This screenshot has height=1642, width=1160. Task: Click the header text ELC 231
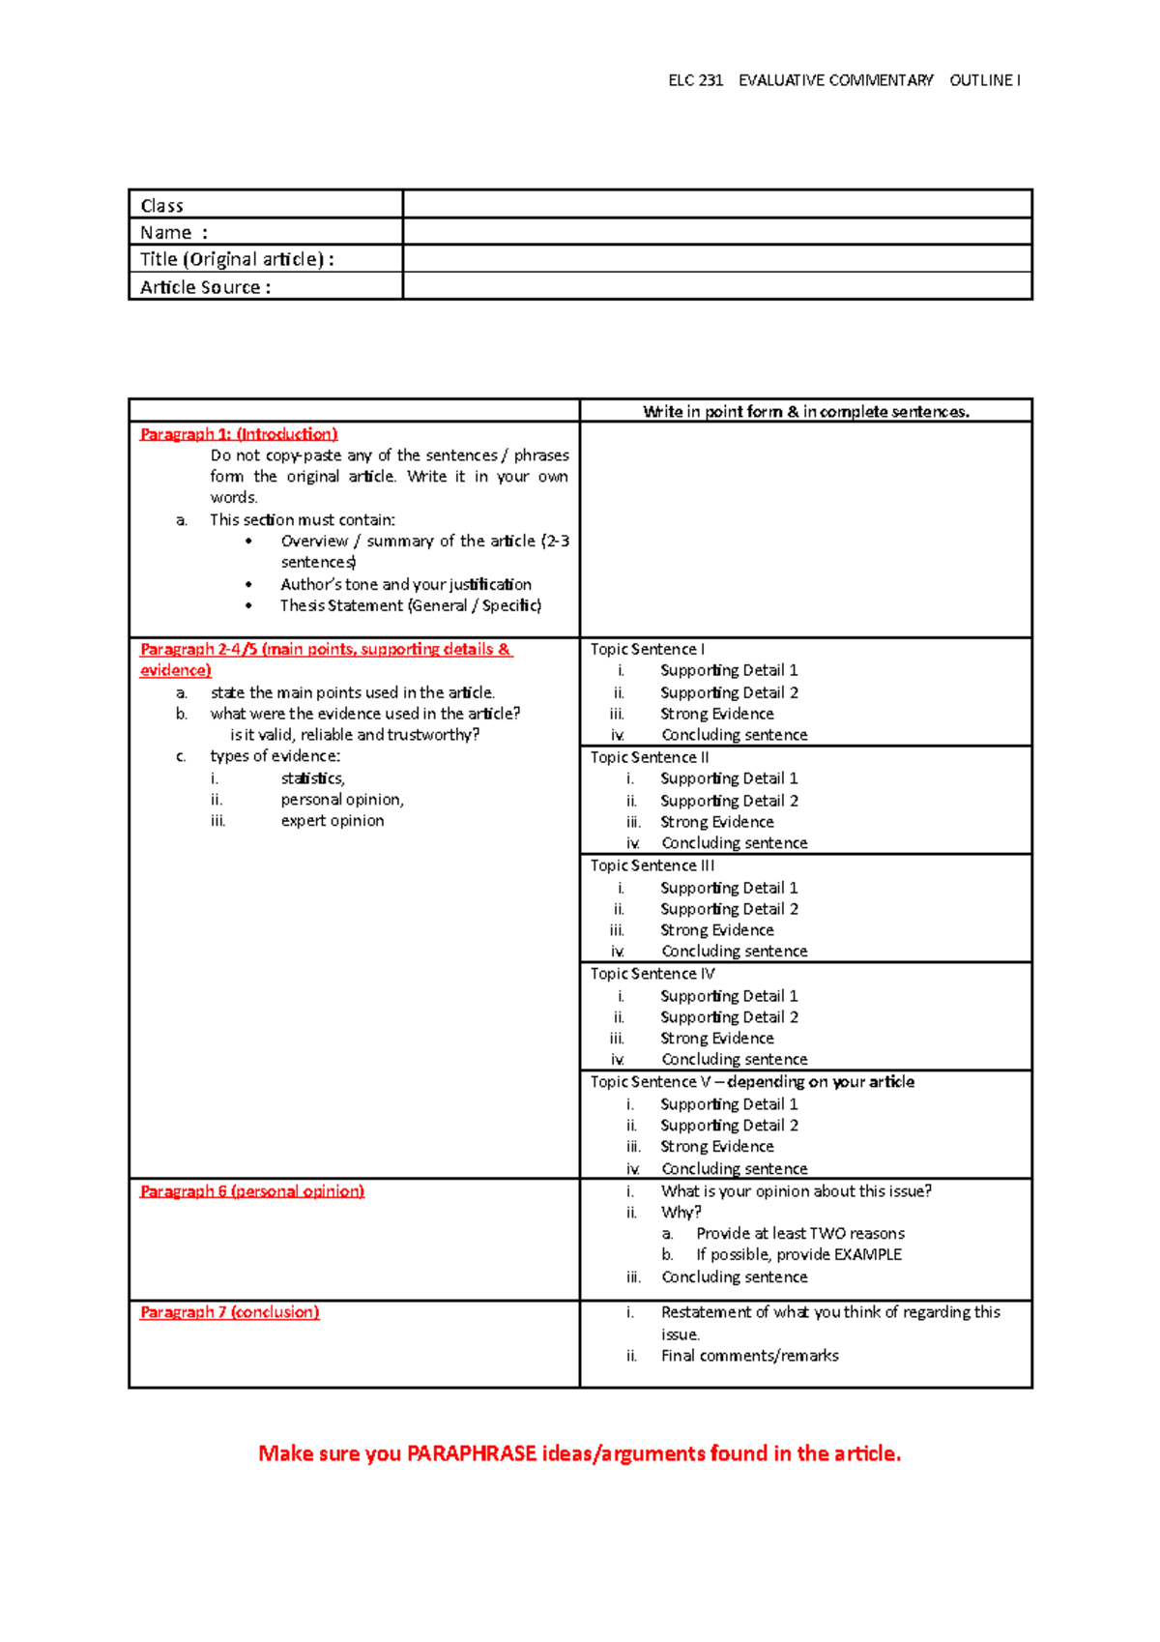click(x=695, y=80)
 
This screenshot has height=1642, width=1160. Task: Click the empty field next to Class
click(x=717, y=204)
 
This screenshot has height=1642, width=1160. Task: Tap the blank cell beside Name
click(x=717, y=231)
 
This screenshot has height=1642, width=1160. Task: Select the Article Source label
click(x=205, y=287)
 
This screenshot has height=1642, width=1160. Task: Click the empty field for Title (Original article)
click(x=717, y=258)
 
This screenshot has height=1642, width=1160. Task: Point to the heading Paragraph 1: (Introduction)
click(x=239, y=434)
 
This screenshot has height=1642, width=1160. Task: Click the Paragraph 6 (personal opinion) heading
click(x=251, y=1191)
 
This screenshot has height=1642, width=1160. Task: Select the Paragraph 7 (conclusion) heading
click(x=229, y=1312)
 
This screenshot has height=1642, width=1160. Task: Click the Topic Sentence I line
click(x=648, y=649)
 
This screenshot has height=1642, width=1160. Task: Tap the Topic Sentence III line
click(x=652, y=865)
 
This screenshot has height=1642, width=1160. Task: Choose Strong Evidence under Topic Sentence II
click(x=716, y=822)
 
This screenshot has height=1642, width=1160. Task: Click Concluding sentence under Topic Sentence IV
click(x=734, y=1060)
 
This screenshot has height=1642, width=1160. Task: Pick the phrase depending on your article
click(x=821, y=1082)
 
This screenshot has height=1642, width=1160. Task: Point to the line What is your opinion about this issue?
click(x=796, y=1191)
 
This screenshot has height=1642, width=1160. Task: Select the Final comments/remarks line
click(x=749, y=1356)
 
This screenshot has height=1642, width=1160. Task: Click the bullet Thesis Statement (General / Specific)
click(x=411, y=605)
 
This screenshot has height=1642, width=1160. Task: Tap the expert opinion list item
click(x=333, y=821)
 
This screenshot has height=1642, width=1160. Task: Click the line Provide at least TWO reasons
click(x=800, y=1234)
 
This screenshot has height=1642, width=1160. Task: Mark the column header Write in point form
click(x=806, y=412)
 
